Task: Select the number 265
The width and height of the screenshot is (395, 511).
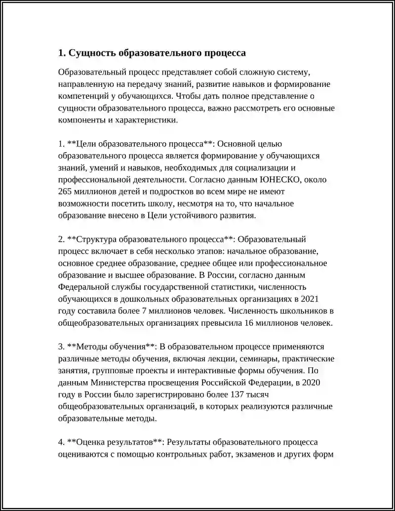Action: point(65,192)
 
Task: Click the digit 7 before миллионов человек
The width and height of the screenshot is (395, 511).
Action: point(144,312)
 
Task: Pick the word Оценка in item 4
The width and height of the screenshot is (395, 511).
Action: point(88,441)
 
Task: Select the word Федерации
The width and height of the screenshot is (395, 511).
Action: point(268,382)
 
